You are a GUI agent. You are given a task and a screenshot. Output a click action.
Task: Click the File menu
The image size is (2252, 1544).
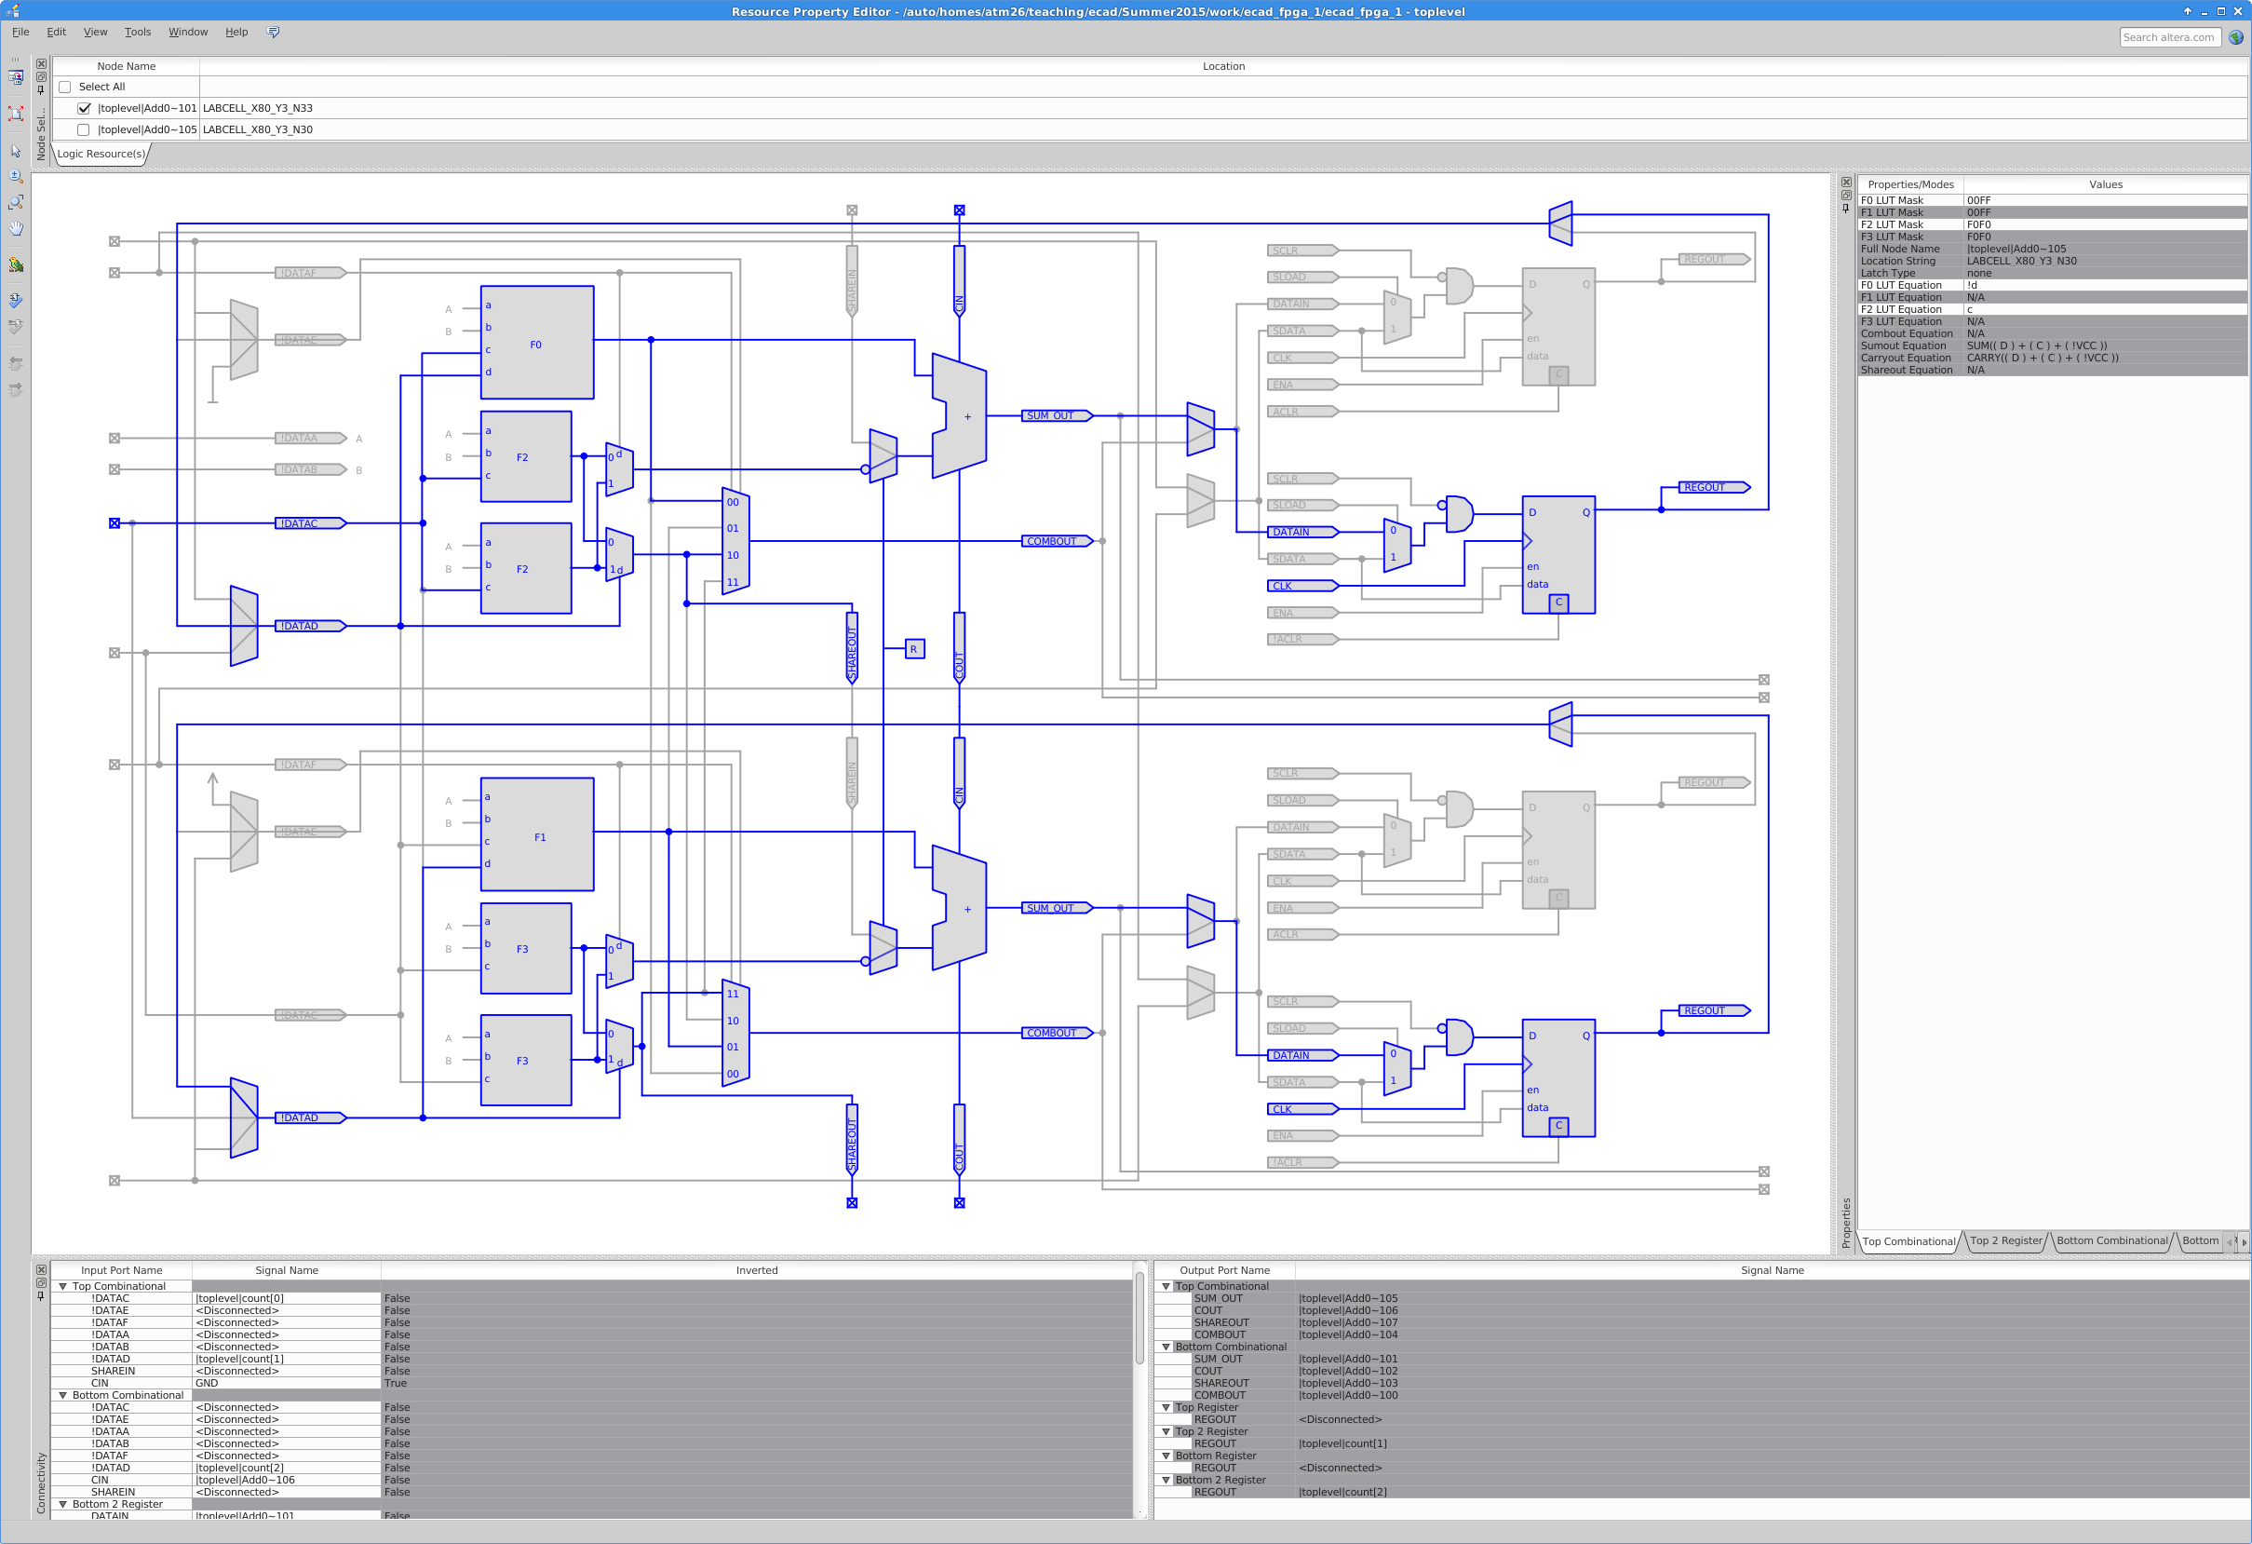pos(20,32)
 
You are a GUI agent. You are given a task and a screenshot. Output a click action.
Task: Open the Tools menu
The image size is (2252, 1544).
pos(138,32)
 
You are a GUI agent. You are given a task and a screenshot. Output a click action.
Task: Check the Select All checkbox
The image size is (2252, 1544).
pos(65,88)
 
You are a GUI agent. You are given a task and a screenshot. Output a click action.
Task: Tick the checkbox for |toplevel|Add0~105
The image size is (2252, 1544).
pos(84,129)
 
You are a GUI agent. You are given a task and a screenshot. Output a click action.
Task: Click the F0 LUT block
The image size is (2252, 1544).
pos(537,342)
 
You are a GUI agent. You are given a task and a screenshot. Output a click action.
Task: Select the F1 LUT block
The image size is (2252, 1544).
pos(537,834)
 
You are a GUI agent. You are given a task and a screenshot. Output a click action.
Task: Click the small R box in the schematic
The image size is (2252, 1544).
pos(914,649)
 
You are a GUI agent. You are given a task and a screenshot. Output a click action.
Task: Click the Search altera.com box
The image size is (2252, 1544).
pos(2168,38)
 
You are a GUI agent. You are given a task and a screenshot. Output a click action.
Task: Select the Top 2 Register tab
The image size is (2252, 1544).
pos(2005,1240)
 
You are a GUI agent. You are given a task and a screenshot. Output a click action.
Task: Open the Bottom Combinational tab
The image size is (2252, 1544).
pos(2111,1240)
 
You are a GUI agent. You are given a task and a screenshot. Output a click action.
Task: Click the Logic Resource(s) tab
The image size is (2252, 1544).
pos(101,154)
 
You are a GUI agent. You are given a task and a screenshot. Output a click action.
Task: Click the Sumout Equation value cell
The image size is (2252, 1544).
pos(2036,346)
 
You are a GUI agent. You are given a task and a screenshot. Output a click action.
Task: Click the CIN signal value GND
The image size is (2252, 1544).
pos(207,1383)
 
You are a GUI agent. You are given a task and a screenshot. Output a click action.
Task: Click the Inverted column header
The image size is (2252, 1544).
pos(756,1270)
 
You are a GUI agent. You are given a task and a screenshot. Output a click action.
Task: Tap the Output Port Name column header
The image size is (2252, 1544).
pos(1224,1270)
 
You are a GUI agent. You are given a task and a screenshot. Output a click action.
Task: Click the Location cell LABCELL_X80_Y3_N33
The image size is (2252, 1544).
pos(258,109)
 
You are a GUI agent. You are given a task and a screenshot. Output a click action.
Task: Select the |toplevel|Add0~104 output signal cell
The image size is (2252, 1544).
pos(1348,1334)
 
